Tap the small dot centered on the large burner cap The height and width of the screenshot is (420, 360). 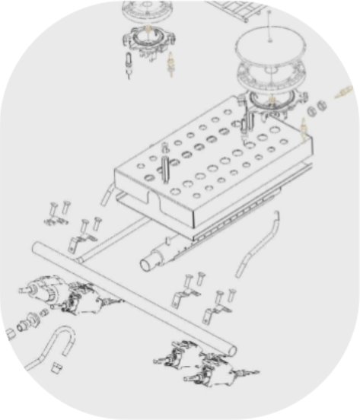(271, 35)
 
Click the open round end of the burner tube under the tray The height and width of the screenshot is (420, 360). (147, 264)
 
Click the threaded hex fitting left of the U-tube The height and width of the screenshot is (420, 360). (28, 319)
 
